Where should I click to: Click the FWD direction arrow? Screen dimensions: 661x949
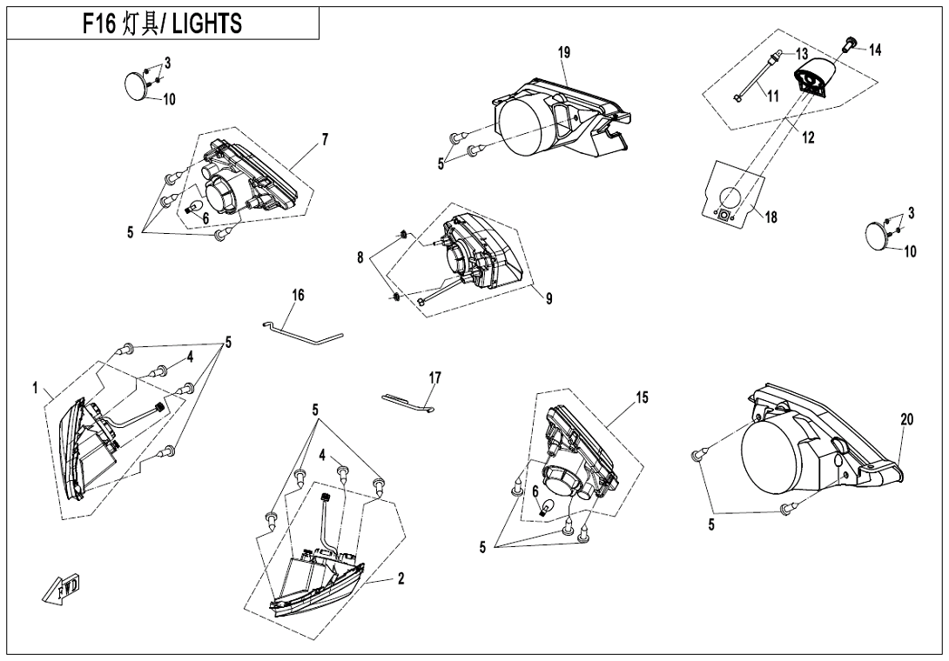pyautogui.click(x=58, y=591)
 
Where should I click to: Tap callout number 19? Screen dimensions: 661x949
pyautogui.click(x=564, y=53)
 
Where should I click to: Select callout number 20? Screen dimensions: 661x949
pyautogui.click(x=906, y=419)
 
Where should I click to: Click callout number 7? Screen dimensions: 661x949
pyautogui.click(x=325, y=139)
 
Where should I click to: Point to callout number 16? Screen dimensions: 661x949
pyautogui.click(x=298, y=296)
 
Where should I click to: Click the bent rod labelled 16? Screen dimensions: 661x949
pyautogui.click(x=305, y=329)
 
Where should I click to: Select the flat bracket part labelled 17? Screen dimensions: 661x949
pyautogui.click(x=407, y=400)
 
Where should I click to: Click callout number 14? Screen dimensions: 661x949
pyautogui.click(x=875, y=50)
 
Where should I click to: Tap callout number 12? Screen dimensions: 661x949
pyautogui.click(x=809, y=137)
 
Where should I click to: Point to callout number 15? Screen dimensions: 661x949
pyautogui.click(x=642, y=397)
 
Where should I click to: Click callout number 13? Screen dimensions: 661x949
pyautogui.click(x=802, y=53)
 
